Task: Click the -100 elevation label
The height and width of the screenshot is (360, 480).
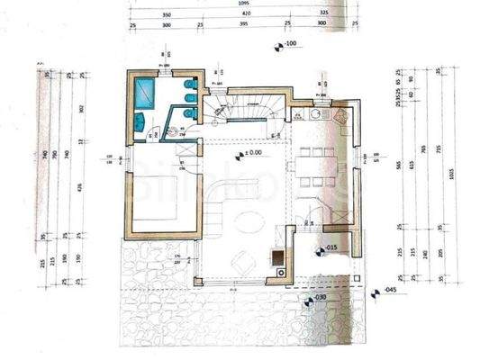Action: click(290, 43)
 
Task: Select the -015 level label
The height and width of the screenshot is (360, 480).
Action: click(330, 247)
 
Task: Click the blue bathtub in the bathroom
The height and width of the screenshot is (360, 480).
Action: click(144, 91)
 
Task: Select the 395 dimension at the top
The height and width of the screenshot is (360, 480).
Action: click(241, 25)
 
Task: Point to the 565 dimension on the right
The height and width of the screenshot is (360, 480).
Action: click(398, 164)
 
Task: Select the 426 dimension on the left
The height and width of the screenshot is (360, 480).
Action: click(80, 186)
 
